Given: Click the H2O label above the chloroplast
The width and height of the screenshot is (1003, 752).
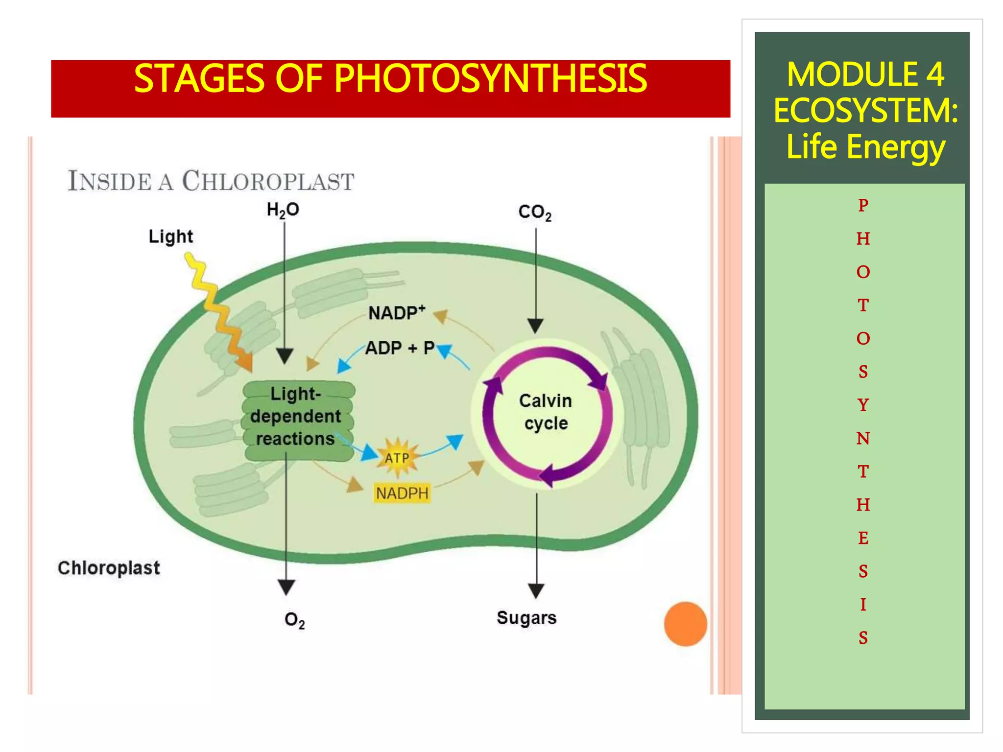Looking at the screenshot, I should [x=283, y=210].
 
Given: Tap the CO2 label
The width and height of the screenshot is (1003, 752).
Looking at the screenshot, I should [x=534, y=212].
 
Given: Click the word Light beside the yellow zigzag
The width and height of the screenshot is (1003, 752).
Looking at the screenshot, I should [x=170, y=236].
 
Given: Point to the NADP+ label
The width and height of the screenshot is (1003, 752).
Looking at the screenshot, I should [x=396, y=312].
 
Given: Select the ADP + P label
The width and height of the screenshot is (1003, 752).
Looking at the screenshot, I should [x=400, y=348].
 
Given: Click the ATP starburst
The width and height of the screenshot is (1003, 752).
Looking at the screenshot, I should [x=397, y=458].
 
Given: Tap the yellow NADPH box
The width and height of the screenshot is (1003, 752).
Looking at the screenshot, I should [x=402, y=493].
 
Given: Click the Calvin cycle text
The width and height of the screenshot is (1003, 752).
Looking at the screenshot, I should [x=546, y=412].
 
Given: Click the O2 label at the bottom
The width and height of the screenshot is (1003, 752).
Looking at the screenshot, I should [x=294, y=620].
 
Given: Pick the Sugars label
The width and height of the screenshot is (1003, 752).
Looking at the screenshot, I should [x=526, y=618].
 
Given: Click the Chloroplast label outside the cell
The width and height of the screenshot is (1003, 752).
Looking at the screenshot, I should [x=109, y=568].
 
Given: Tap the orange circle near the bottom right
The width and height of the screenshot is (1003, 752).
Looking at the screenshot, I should [x=685, y=624].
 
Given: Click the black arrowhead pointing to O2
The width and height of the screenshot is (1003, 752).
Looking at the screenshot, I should [x=286, y=587].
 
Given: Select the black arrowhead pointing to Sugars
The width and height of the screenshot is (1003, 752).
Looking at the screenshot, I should [x=536, y=590].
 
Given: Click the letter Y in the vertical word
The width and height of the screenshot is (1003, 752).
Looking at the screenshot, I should [x=863, y=405].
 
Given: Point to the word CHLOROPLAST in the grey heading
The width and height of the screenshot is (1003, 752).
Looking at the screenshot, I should [x=268, y=181].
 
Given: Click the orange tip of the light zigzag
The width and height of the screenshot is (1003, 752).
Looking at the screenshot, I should [x=245, y=363].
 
